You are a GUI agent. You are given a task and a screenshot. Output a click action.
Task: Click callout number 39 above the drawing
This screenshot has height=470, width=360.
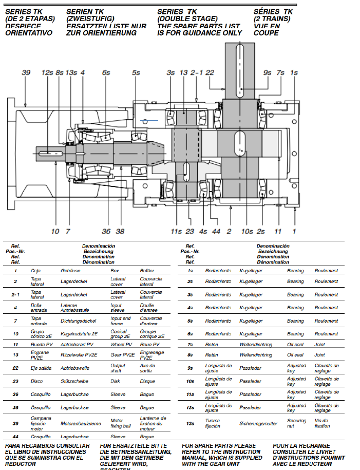click(26, 73)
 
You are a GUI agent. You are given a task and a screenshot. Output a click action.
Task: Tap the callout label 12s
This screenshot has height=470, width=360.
click(48, 73)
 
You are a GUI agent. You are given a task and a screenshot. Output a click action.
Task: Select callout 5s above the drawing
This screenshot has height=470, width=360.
click(136, 73)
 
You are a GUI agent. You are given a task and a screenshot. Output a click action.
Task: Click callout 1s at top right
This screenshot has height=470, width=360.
click(294, 73)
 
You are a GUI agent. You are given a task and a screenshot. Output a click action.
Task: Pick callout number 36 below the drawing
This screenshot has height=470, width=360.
click(106, 231)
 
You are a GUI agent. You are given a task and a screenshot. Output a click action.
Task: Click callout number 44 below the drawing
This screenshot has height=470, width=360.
click(216, 231)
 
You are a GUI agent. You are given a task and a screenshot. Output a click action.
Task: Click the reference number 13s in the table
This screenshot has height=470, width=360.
click(190, 423)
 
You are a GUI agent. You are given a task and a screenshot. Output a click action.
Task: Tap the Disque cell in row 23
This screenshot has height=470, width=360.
click(147, 381)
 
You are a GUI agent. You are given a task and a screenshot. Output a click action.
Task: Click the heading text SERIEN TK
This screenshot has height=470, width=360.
click(85, 11)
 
